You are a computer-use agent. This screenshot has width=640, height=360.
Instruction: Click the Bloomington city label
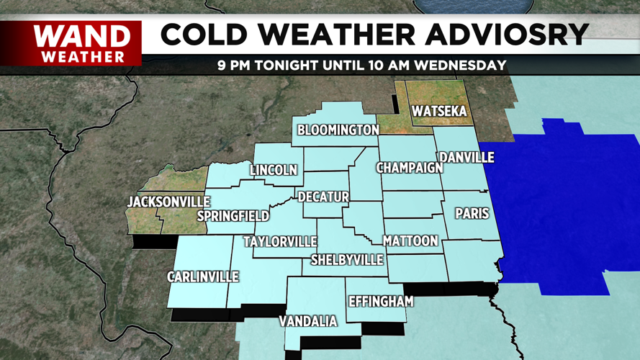tap(338, 130)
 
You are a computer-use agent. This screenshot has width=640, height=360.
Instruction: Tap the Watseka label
tap(439, 112)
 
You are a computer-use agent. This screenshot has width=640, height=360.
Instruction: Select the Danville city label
tap(467, 157)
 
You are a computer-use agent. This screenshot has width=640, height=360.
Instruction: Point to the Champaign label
tap(409, 168)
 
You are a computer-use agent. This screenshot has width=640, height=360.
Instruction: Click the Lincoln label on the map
tap(274, 171)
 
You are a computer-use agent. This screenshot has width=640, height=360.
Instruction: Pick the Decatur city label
tap(323, 197)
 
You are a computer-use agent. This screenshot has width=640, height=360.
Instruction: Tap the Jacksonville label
tap(168, 202)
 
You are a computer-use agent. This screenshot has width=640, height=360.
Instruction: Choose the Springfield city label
tap(233, 216)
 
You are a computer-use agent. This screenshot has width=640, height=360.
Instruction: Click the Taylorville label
tap(280, 241)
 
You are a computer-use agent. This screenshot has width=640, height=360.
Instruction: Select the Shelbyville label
tap(347, 260)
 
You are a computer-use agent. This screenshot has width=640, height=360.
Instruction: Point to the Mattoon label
tap(410, 240)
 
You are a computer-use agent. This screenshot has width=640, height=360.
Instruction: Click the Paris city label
tap(472, 214)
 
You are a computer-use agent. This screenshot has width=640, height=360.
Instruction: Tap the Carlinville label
tap(202, 276)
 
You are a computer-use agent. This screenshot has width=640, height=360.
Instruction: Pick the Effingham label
tap(381, 302)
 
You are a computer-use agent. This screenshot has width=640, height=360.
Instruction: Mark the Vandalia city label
tap(308, 321)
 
